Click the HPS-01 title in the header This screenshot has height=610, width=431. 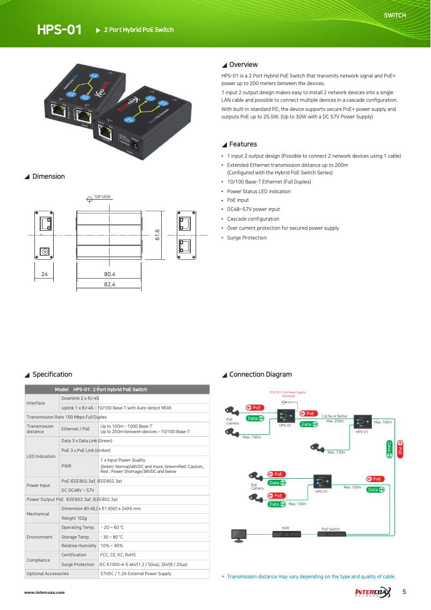[x=59, y=30]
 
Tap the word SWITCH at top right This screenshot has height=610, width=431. [x=394, y=16]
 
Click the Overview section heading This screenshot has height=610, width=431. [x=243, y=65]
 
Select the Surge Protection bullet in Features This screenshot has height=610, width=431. [x=247, y=238]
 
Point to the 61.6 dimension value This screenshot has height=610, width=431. [x=157, y=235]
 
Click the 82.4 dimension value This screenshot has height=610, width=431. [x=110, y=284]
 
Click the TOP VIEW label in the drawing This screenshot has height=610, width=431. [x=102, y=197]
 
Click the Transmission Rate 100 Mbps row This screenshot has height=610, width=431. [x=67, y=417]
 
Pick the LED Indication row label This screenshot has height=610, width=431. [x=41, y=456]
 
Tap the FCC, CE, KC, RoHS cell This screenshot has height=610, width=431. [x=118, y=555]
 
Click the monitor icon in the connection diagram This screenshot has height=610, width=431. [x=239, y=534]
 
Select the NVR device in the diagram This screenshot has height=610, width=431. [x=285, y=533]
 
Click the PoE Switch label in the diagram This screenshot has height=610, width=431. [x=331, y=529]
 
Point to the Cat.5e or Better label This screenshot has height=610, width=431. [x=334, y=416]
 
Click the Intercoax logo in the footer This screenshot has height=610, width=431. [x=373, y=592]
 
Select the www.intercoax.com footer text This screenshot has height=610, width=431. [x=44, y=592]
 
